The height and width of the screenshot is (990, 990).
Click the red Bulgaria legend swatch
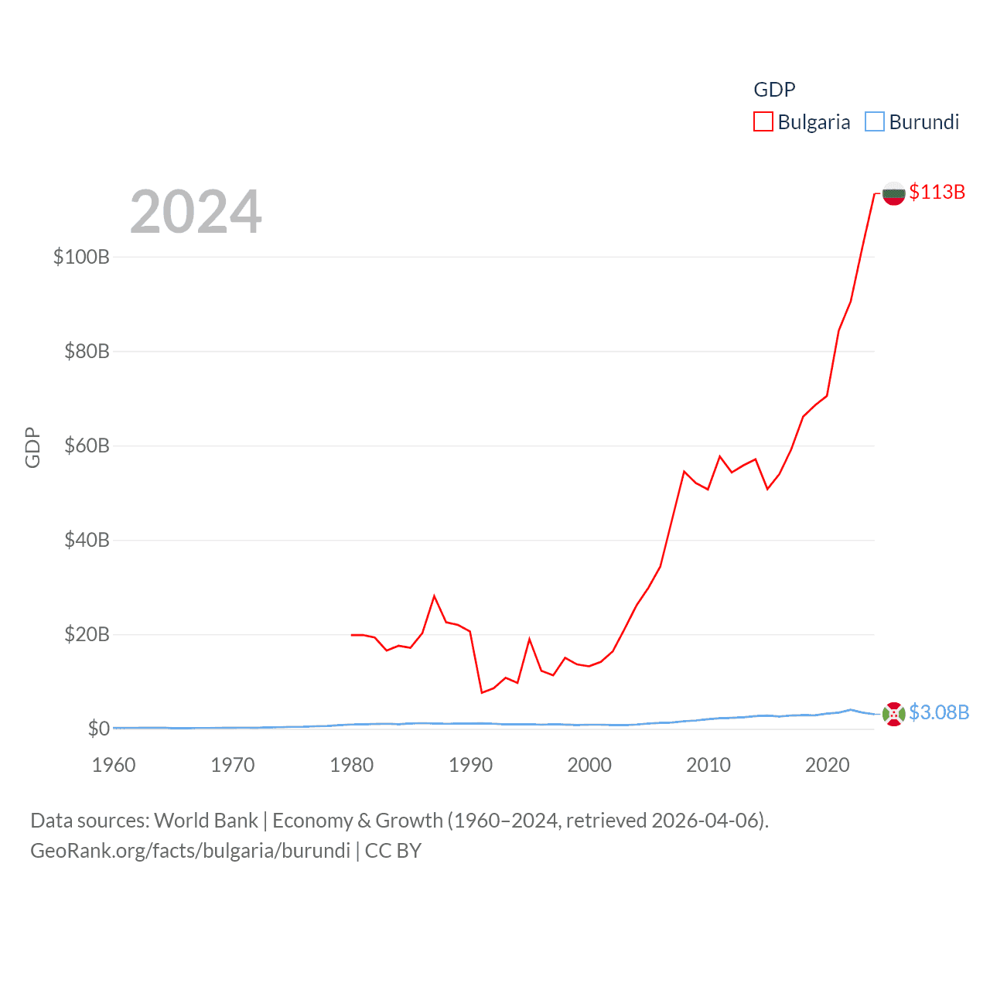(x=763, y=121)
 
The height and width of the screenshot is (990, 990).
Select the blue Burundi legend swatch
(x=874, y=121)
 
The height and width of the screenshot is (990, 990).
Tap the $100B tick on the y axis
(x=81, y=257)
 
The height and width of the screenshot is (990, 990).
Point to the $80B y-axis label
(x=87, y=351)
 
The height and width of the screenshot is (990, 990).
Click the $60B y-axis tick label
(x=87, y=445)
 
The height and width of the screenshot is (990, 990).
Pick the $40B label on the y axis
(x=87, y=540)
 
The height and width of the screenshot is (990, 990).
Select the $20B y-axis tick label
(x=87, y=634)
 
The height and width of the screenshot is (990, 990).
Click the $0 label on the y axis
(x=98, y=729)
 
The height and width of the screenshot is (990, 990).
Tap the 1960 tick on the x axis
(x=114, y=765)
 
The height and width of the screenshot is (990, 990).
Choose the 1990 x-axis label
(x=470, y=765)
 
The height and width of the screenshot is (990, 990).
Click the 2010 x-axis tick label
(x=708, y=765)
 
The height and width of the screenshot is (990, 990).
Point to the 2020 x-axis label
(x=828, y=765)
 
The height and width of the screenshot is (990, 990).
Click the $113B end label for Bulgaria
(x=937, y=192)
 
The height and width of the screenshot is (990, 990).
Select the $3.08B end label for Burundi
(x=939, y=712)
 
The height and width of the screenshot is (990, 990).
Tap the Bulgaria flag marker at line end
(x=893, y=193)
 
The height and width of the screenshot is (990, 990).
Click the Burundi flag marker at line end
(x=893, y=714)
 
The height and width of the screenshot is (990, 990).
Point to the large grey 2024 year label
(x=196, y=212)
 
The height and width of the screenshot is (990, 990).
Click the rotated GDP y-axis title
(x=32, y=447)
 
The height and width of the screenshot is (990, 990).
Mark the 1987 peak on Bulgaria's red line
(x=435, y=596)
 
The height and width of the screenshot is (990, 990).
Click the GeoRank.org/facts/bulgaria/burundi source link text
(x=190, y=851)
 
